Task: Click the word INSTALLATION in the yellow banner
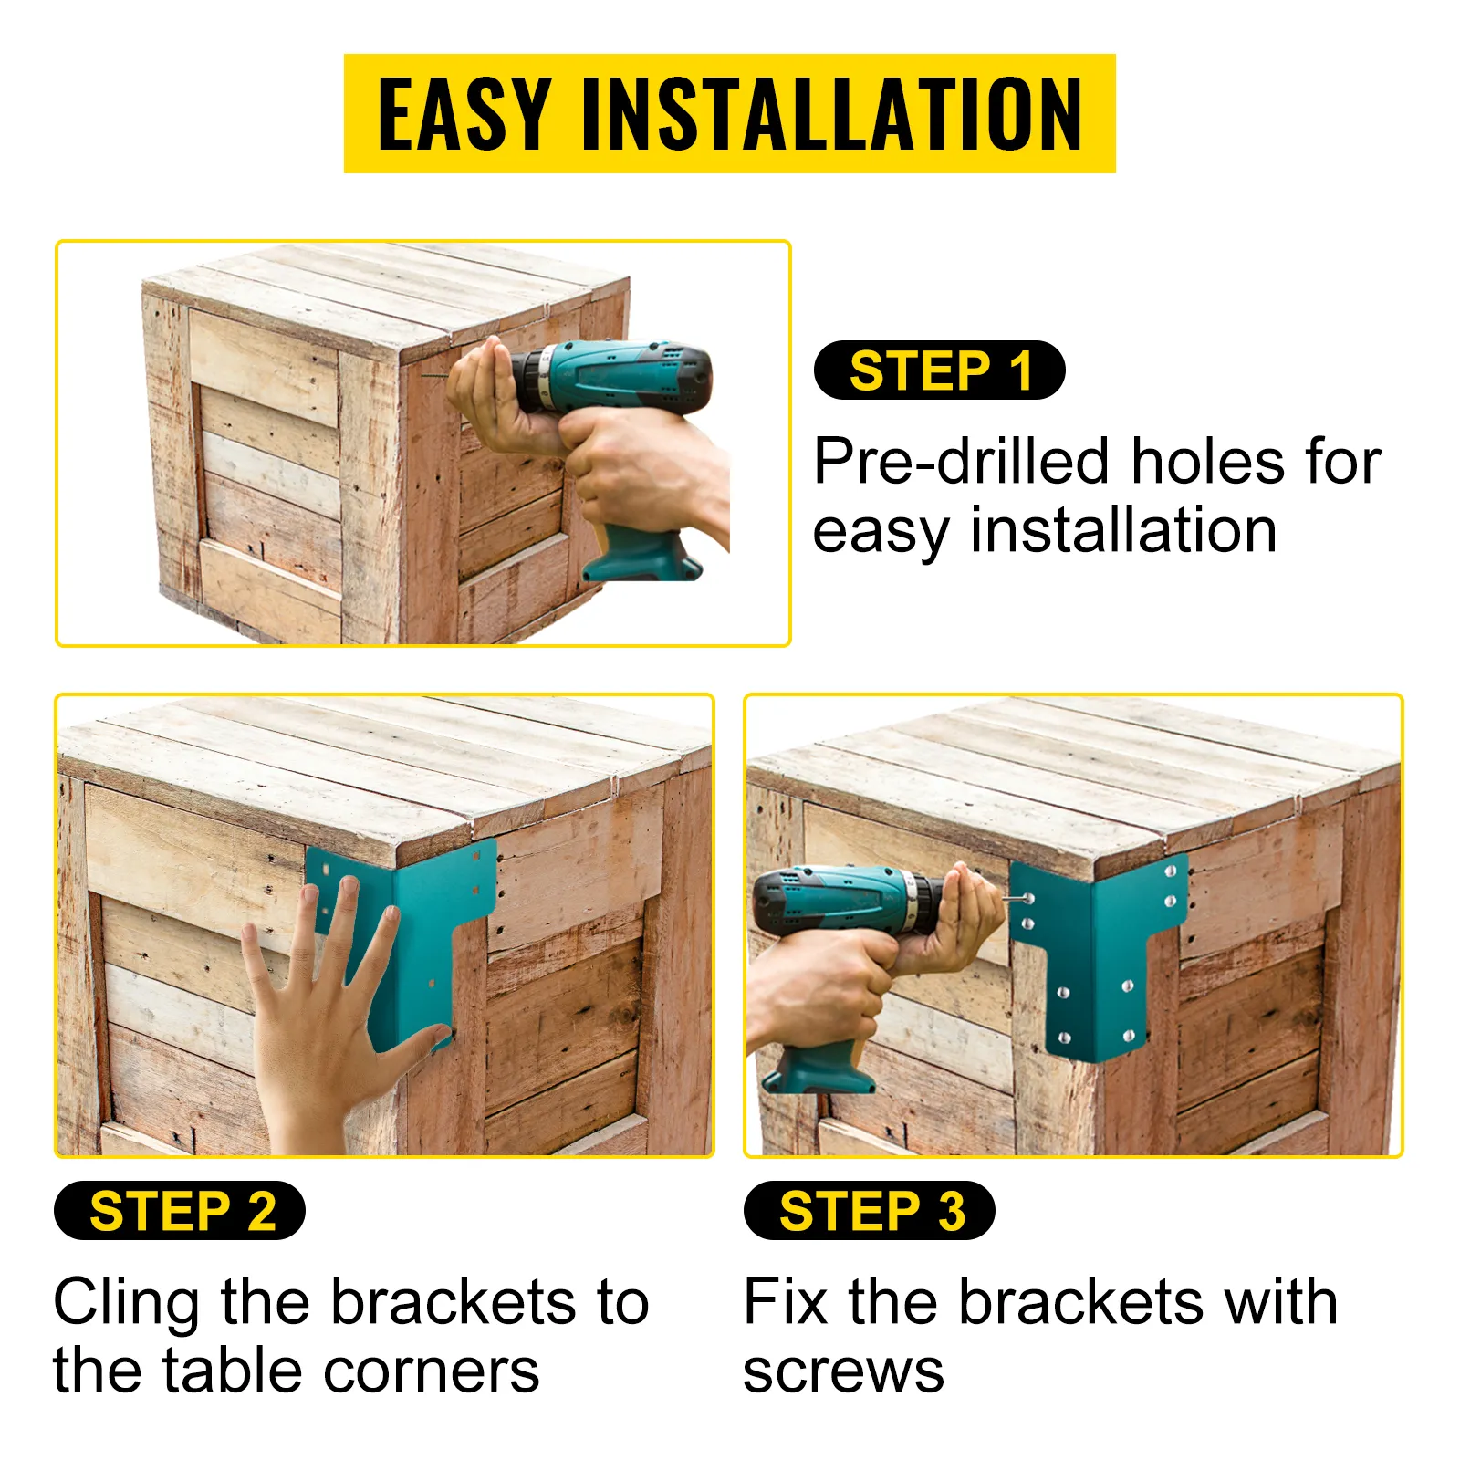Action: tap(831, 114)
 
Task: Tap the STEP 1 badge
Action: tap(939, 370)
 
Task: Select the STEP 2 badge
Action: tap(180, 1211)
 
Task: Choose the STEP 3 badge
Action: tap(870, 1211)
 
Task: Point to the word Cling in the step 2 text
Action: tap(126, 1303)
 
